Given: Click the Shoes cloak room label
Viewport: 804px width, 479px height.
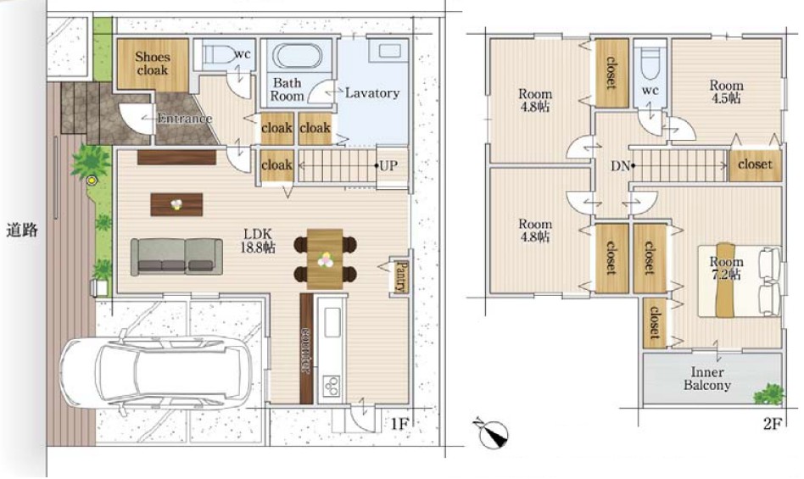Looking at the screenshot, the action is point(153,64).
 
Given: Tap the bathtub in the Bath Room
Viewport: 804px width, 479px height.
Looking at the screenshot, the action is point(298,56).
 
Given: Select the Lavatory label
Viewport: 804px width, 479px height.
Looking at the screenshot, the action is point(372,92).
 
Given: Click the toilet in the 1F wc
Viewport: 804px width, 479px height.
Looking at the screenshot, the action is point(218,53).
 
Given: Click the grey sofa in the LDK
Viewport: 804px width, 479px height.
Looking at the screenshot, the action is point(176,257).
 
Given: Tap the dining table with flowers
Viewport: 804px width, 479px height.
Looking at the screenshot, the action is point(325,259).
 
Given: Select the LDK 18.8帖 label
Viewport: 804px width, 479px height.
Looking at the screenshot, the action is point(258,240).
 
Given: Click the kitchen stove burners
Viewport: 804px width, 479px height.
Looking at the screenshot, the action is point(332,385).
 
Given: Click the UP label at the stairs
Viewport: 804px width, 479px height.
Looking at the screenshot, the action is point(388,165).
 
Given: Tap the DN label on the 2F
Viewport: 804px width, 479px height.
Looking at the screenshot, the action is point(621,166).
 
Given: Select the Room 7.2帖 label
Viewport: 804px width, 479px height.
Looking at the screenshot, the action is point(726,268).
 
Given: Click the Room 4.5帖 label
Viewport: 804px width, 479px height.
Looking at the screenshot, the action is point(726,92).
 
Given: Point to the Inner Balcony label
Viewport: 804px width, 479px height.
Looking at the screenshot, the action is point(707,379).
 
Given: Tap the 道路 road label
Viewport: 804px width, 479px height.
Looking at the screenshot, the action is point(22,230).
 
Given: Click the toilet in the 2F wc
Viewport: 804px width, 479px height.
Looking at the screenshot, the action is point(650,63).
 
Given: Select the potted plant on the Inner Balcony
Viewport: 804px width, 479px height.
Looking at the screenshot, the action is point(769,394).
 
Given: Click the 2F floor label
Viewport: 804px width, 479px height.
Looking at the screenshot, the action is point(773,424).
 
